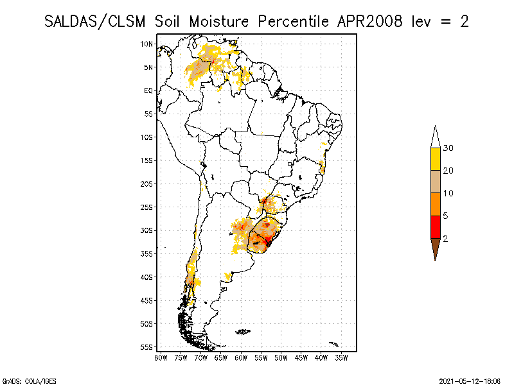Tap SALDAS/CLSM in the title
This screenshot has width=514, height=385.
pyautogui.click(x=98, y=21)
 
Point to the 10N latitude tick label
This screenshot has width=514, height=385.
pyautogui.click(x=147, y=44)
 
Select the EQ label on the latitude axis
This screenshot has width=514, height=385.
pyautogui.click(x=148, y=90)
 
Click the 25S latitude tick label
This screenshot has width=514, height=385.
pyautogui.click(x=147, y=207)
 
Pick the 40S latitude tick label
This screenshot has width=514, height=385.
pyautogui.click(x=147, y=277)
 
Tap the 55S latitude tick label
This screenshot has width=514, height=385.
pyautogui.click(x=147, y=347)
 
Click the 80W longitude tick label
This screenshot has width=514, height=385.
pyautogui.click(x=161, y=357)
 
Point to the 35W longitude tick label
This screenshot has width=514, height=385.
pyautogui.click(x=341, y=357)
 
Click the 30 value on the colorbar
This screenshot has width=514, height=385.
pyautogui.click(x=448, y=148)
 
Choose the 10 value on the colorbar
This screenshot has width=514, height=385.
pyautogui.click(x=448, y=193)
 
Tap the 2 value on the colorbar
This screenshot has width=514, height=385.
pyautogui.click(x=445, y=238)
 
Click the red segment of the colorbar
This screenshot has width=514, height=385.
pyautogui.click(x=435, y=227)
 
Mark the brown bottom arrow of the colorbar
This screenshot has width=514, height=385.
pyautogui.click(x=435, y=247)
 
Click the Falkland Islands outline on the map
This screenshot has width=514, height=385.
pyautogui.click(x=242, y=332)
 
